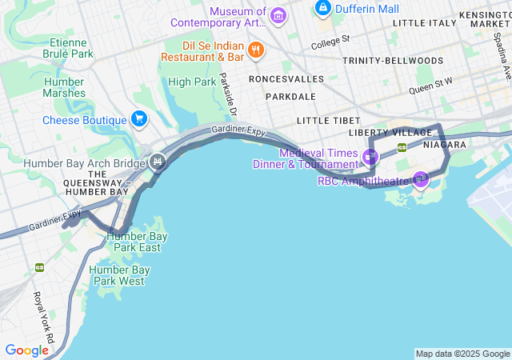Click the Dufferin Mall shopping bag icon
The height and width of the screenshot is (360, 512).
(x=323, y=9)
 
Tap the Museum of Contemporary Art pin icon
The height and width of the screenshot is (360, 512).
(x=278, y=14)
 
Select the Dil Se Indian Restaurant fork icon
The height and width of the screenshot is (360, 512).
(x=256, y=50)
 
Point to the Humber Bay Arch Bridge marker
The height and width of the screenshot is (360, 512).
(x=158, y=162)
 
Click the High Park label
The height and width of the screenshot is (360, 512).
(x=192, y=82)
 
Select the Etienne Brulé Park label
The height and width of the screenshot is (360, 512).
(x=71, y=48)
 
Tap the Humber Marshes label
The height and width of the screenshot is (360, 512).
(x=65, y=87)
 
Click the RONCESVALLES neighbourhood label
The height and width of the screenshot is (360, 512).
(x=286, y=79)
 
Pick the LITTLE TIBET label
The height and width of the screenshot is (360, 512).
(x=324, y=120)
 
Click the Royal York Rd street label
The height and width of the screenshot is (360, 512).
(x=42, y=317)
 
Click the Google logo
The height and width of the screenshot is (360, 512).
(x=26, y=350)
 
